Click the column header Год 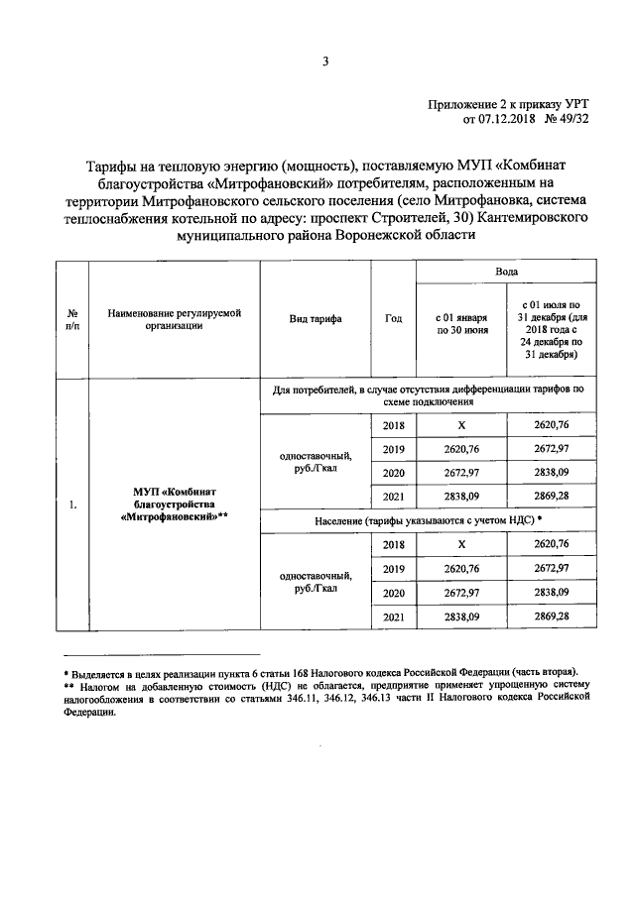[x=393, y=319]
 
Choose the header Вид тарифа [x=316, y=319]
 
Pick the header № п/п [x=72, y=319]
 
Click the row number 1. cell [x=72, y=506]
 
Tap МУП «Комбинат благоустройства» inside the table [x=174, y=504]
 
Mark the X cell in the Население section [x=461, y=544]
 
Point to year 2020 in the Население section [x=393, y=593]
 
